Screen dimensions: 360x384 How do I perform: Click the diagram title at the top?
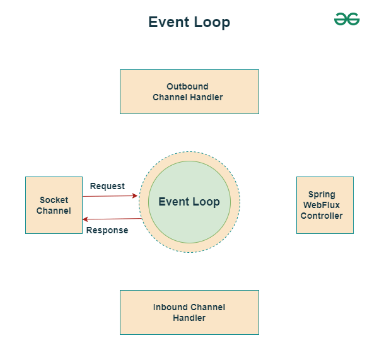189,22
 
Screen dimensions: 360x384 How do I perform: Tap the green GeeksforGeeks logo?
347,20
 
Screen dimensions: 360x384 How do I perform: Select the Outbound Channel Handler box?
189,91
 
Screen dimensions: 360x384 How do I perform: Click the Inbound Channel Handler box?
189,312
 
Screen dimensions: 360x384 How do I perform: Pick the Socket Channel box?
54,205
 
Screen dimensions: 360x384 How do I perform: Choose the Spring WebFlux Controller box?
325,205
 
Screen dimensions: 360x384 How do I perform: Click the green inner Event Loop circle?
189,202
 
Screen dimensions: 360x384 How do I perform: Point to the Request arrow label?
107,186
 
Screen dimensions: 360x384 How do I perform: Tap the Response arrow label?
107,230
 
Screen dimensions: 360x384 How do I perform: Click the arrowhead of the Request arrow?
136,196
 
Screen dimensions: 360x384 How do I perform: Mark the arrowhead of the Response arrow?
85,219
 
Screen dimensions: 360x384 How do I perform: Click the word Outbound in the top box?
187,86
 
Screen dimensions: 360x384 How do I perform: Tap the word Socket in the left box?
54,200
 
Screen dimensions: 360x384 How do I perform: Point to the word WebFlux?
322,205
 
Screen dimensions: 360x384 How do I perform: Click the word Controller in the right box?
322,216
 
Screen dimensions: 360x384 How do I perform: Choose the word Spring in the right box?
322,195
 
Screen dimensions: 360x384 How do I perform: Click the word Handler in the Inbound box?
189,318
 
